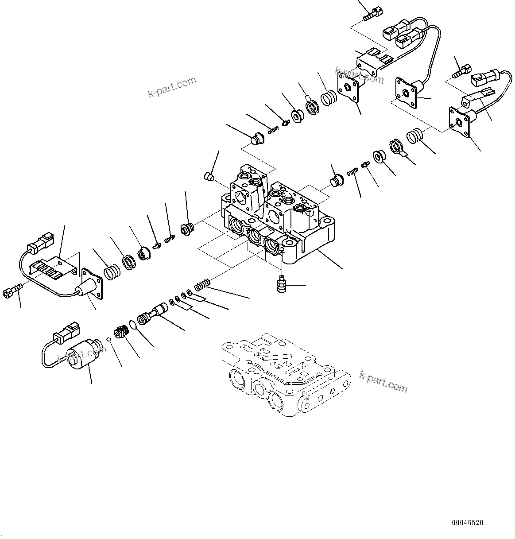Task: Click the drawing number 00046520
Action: pos(468,523)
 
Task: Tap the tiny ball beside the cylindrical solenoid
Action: pos(108,339)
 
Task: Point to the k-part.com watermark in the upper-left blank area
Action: pos(172,87)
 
